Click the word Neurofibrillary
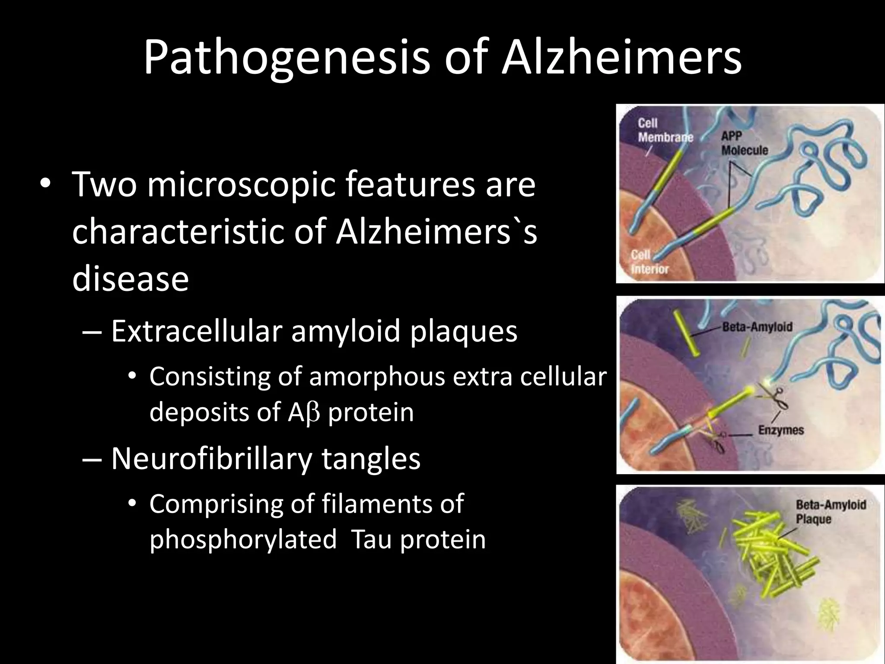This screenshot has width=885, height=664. coord(211,458)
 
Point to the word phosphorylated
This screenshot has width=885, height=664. coord(243,540)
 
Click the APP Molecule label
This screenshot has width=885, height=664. coord(744,143)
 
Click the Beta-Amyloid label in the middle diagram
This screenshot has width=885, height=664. coord(757,326)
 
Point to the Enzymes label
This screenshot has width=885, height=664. coord(781,430)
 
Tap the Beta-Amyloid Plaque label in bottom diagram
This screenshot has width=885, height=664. coord(830,511)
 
